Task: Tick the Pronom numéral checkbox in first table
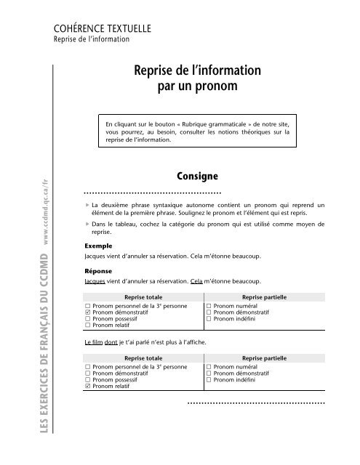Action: click(209, 306)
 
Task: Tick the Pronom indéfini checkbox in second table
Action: click(209, 401)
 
